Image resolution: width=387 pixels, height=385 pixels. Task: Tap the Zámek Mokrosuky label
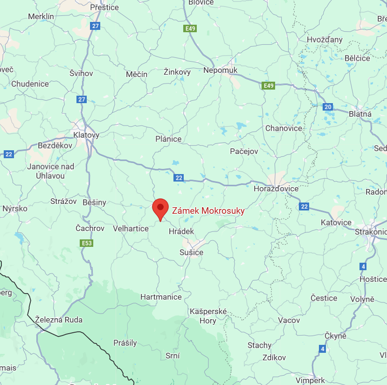point(208,211)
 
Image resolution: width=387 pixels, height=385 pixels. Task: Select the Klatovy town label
point(86,135)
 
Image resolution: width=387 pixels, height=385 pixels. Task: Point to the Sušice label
point(192,252)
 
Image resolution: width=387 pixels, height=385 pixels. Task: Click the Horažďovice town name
point(276,189)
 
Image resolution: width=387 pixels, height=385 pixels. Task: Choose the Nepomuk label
point(221,70)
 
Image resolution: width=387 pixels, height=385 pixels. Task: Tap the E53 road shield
point(87,243)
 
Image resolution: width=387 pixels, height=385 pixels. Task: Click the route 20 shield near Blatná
point(328,107)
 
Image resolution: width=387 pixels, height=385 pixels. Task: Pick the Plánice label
point(169,139)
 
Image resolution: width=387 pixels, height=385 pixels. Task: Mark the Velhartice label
point(131,229)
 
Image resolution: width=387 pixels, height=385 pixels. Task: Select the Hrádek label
point(181,231)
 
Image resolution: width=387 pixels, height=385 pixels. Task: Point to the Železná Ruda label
point(59,320)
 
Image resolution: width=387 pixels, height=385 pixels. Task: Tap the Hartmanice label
point(160,297)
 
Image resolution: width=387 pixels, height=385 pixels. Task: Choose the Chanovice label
point(283,128)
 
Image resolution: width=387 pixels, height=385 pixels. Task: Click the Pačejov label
point(244,151)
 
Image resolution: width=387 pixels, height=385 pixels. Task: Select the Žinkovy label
point(177,72)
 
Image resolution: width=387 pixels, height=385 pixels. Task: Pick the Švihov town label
point(81,73)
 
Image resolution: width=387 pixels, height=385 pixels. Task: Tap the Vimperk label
point(310,380)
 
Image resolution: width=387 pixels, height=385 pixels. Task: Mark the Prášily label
point(125,343)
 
